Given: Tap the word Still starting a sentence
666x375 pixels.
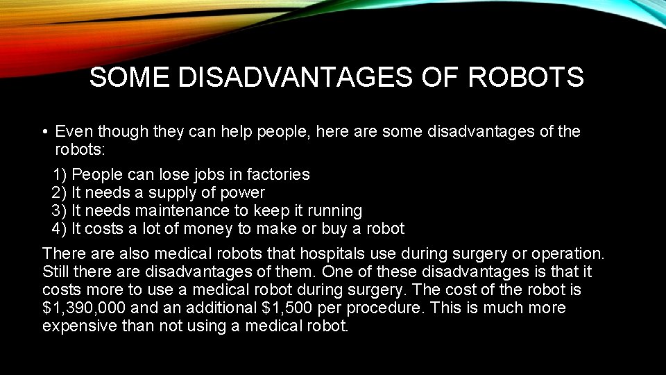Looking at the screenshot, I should tap(58, 272).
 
